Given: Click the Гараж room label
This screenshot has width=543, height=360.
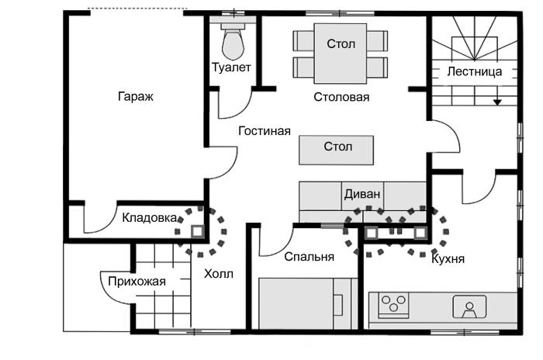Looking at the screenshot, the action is pyautogui.click(x=136, y=96).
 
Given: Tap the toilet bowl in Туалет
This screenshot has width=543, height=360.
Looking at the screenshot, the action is pyautogui.click(x=233, y=45).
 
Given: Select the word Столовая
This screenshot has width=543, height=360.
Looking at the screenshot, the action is pyautogui.click(x=341, y=97).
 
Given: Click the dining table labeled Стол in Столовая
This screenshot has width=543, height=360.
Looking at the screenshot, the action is pyautogui.click(x=341, y=54).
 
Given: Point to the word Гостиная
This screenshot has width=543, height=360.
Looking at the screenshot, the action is pyautogui.click(x=265, y=131).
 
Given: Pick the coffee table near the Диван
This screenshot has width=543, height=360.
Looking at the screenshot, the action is pyautogui.click(x=336, y=150).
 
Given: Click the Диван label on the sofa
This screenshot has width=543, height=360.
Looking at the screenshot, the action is pyautogui.click(x=362, y=194).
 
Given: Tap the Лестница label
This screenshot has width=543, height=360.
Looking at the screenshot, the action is pyautogui.click(x=475, y=71).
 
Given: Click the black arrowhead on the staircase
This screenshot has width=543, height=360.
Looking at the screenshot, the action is pyautogui.click(x=498, y=102).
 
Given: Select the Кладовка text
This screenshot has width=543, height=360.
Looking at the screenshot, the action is pyautogui.click(x=150, y=218).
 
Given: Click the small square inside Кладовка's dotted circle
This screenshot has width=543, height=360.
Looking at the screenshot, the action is pyautogui.click(x=197, y=231).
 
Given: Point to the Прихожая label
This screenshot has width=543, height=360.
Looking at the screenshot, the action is pyautogui.click(x=137, y=282).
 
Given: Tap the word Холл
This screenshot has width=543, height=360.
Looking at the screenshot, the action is pyautogui.click(x=219, y=274).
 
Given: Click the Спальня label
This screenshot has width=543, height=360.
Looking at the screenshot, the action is pyautogui.click(x=310, y=257).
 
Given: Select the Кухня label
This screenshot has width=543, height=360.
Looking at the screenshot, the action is pyautogui.click(x=448, y=259).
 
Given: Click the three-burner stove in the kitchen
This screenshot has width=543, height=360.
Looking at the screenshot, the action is pyautogui.click(x=393, y=305).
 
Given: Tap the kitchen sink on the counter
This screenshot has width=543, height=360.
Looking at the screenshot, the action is pyautogui.click(x=469, y=306).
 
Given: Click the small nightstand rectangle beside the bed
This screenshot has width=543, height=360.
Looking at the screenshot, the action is pyautogui.click(x=338, y=305).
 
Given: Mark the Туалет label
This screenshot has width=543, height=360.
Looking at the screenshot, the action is pyautogui.click(x=231, y=67).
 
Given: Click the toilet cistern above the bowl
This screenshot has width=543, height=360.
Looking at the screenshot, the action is pyautogui.click(x=233, y=26).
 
